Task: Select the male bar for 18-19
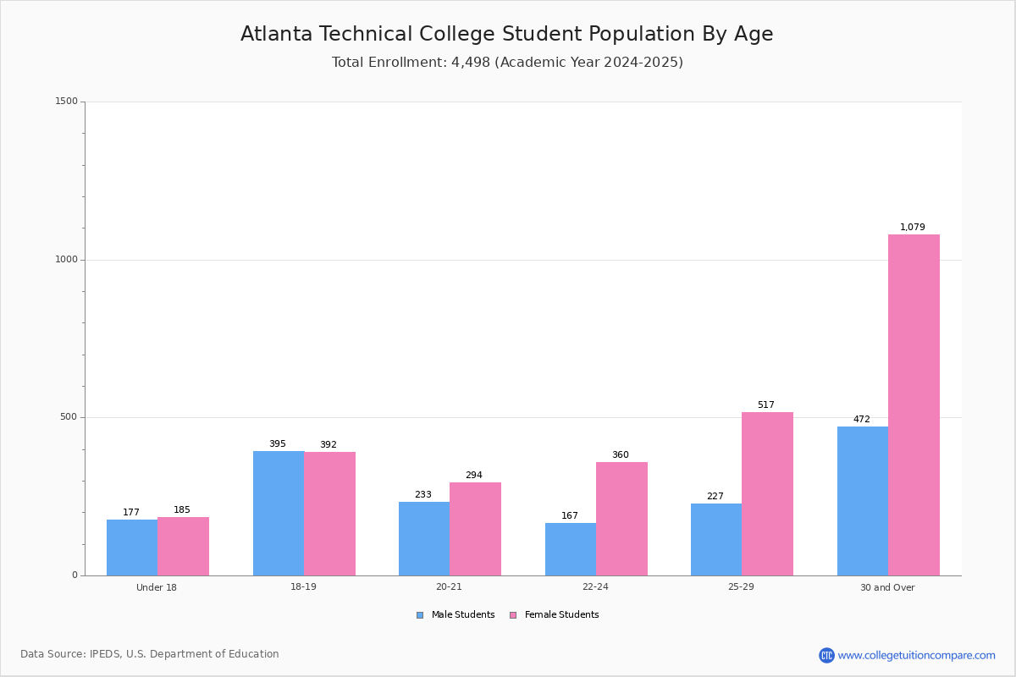point(279,513)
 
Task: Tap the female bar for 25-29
point(767,493)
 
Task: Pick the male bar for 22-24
point(571,549)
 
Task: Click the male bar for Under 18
point(132,548)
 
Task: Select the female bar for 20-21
point(475,529)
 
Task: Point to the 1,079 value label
point(913,228)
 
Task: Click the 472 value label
point(862,420)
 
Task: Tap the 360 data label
point(621,455)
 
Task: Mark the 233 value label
point(423,495)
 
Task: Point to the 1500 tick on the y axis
point(67,102)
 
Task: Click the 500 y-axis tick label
point(69,417)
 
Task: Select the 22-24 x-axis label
point(595,587)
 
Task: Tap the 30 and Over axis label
point(887,587)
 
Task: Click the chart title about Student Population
point(506,35)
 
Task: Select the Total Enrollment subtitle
point(507,63)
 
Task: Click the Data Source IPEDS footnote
point(150,654)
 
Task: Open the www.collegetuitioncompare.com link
point(916,655)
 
